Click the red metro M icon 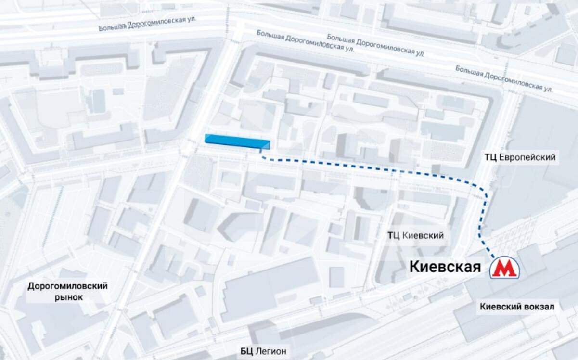[x=504, y=268]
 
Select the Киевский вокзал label [x=517, y=307]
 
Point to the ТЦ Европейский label [x=520, y=157]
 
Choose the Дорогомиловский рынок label [x=67, y=292]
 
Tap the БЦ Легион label [x=263, y=351]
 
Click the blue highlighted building [x=237, y=141]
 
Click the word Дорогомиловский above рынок [x=67, y=286]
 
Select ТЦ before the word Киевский [x=394, y=235]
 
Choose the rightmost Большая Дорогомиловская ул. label [x=504, y=79]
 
